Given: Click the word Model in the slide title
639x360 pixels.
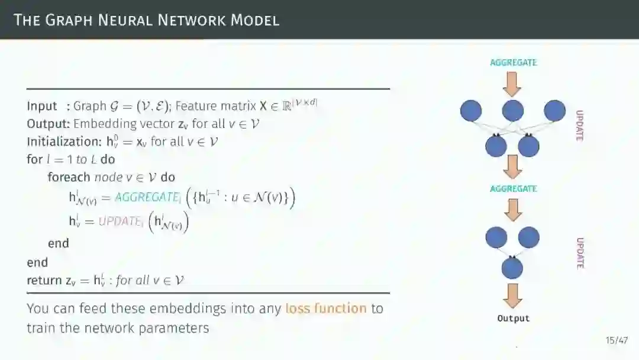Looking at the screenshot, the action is [254, 20].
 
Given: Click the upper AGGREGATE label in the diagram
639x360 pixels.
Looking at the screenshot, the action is [514, 62].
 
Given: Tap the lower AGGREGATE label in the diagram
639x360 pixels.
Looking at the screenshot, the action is [514, 189].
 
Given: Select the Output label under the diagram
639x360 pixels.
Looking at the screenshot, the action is [514, 319].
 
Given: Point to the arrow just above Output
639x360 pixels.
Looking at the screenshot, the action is [512, 295].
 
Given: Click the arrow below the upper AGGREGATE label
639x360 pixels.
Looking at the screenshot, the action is [512, 83].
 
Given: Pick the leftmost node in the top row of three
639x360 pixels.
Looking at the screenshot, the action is [471, 111].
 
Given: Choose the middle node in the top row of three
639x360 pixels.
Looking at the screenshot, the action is [512, 111].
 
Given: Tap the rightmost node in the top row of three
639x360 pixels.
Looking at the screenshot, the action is [554, 111].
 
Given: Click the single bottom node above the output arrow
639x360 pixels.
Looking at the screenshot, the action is [512, 268].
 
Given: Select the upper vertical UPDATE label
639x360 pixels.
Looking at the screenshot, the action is [580, 126].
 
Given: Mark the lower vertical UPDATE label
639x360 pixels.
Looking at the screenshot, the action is [580, 253].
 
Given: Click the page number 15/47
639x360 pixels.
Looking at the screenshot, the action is [617, 340].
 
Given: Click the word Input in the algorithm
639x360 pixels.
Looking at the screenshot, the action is [41, 106].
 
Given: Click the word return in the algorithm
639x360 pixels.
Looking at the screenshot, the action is [44, 280].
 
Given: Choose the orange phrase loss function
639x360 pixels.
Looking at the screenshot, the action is [326, 308].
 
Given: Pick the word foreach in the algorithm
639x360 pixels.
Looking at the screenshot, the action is [69, 177].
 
